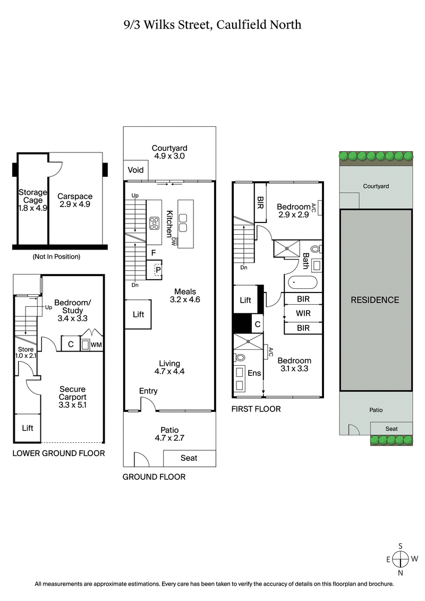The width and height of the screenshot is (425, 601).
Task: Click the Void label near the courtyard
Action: point(136,170)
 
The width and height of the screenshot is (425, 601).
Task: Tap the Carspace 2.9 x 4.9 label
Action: point(75,200)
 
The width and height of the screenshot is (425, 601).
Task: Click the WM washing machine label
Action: point(96,345)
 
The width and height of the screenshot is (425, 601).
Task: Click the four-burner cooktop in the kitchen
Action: point(155,223)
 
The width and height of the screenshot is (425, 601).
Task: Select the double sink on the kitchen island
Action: point(184,222)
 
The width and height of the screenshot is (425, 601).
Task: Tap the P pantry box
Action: point(157,270)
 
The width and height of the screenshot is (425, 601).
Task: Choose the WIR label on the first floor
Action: point(303,313)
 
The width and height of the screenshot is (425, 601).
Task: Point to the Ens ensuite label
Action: point(254,373)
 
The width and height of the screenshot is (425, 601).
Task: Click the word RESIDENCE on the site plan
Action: point(375,300)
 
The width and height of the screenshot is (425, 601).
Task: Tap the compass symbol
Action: point(401,559)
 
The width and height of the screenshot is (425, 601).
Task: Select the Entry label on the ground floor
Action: point(148,391)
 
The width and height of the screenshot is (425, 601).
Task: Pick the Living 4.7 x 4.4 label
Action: point(169,367)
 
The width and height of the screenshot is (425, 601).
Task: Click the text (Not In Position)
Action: point(56,257)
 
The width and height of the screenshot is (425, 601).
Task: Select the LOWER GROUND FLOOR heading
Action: point(58,453)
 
